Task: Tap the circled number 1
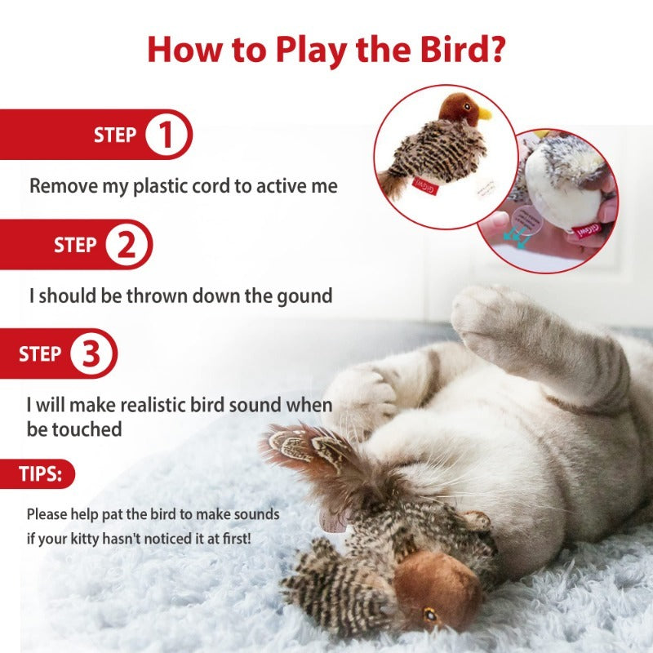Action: pyautogui.click(x=167, y=135)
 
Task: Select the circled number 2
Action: pyautogui.click(x=127, y=245)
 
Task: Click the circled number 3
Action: pyautogui.click(x=92, y=354)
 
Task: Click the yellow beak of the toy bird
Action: pyautogui.click(x=484, y=113)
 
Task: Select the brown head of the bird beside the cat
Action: pyautogui.click(x=437, y=588)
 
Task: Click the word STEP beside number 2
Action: pyautogui.click(x=75, y=245)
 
